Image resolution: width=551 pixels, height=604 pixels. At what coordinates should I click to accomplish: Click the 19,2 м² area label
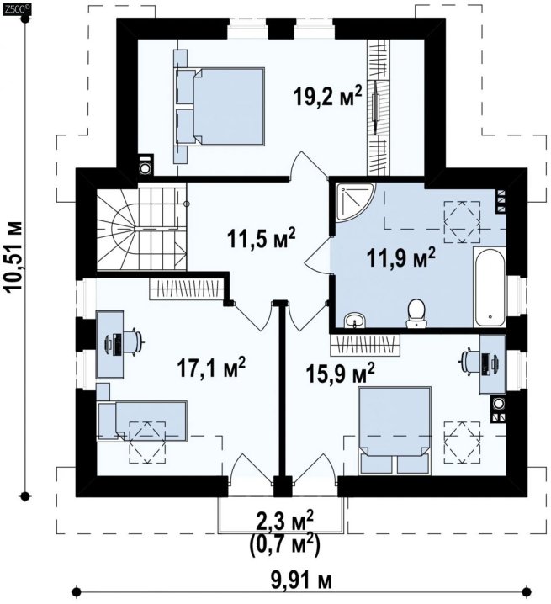tap(327, 96)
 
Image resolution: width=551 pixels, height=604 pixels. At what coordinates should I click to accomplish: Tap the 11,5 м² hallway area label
tap(262, 238)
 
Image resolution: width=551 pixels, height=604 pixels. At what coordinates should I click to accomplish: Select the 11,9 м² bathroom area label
tap(401, 257)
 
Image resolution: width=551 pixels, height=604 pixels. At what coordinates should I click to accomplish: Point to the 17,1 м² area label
tap(211, 368)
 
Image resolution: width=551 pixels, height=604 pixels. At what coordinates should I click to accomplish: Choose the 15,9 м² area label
tap(340, 373)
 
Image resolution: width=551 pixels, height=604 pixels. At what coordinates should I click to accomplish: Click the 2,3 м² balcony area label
tap(284, 521)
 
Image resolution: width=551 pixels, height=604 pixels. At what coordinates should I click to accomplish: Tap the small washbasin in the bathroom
tap(355, 321)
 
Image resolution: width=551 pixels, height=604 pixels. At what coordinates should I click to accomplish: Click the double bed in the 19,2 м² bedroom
tap(220, 107)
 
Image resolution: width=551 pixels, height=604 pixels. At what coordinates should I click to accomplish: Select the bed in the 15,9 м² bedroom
tap(395, 431)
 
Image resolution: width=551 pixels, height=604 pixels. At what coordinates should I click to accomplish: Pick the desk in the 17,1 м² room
tap(110, 344)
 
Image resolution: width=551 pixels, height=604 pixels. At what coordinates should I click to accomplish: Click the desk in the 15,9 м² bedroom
tap(492, 364)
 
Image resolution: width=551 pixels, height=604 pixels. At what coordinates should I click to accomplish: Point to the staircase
tap(141, 227)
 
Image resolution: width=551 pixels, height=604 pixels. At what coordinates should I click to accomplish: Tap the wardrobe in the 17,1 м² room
tap(187, 289)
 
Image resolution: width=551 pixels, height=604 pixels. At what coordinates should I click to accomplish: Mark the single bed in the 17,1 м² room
tap(142, 421)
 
